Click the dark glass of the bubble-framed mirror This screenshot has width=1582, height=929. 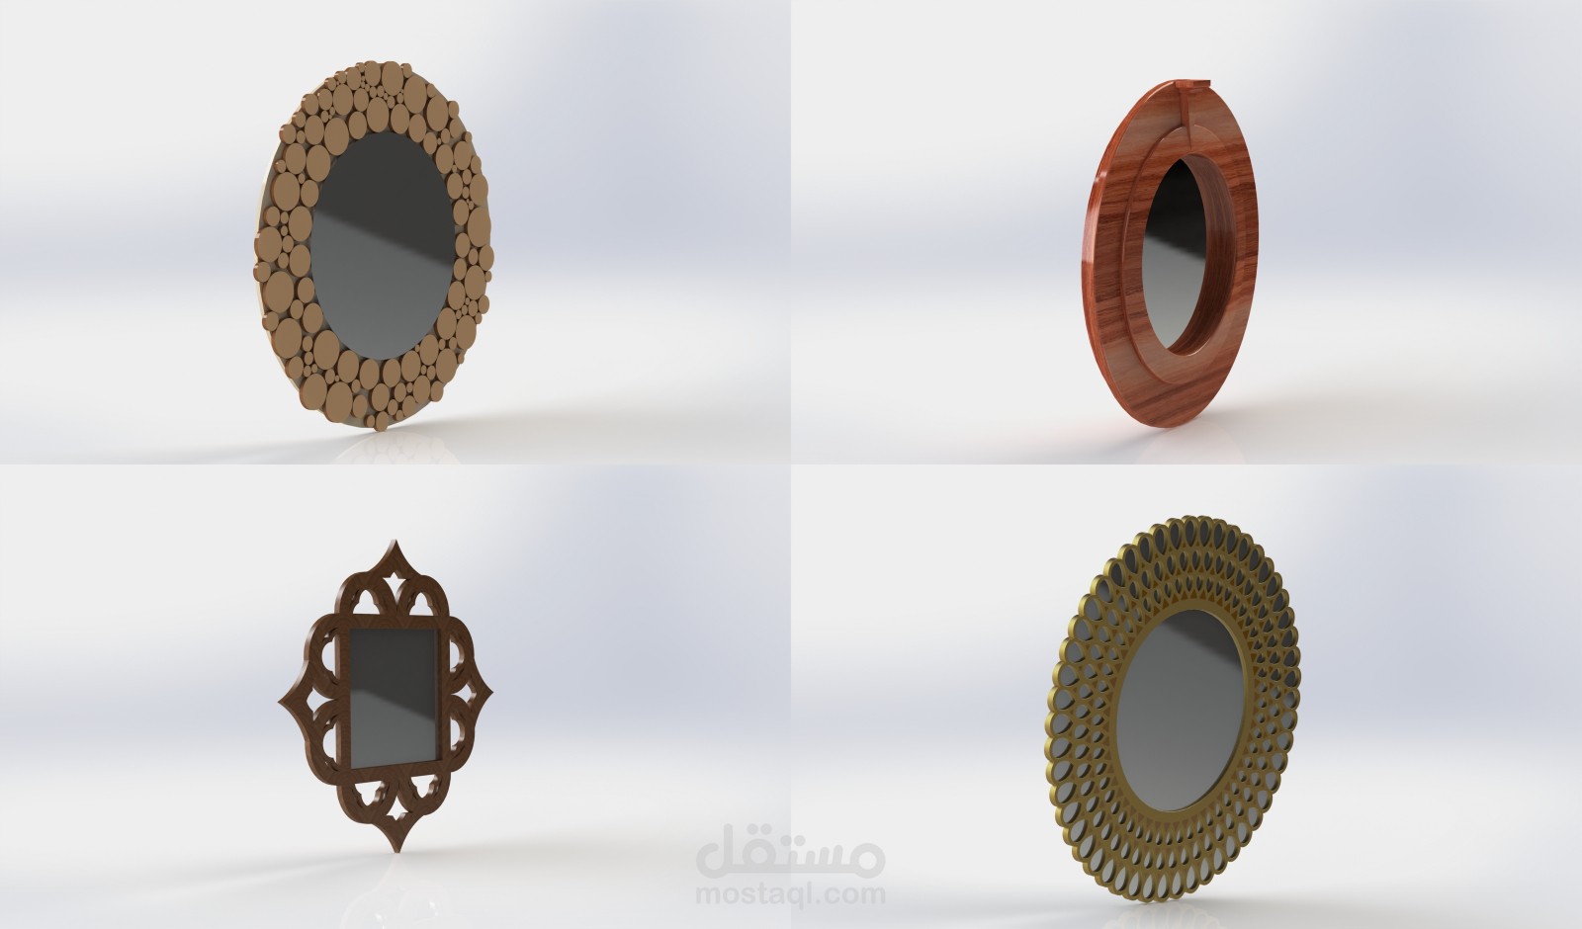382,246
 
